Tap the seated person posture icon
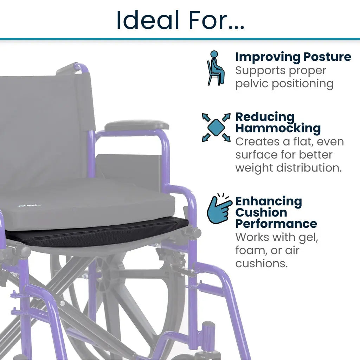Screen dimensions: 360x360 [216, 68]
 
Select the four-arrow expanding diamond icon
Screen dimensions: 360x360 [216, 127]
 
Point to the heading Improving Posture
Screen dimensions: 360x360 [293, 57]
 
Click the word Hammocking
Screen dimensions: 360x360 [278, 128]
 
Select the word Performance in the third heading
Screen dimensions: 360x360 [276, 224]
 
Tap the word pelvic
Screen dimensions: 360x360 [252, 84]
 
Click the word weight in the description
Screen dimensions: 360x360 [254, 168]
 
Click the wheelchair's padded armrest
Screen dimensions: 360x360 [137, 126]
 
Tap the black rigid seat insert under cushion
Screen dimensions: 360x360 [96, 232]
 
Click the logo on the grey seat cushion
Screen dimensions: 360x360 [29, 205]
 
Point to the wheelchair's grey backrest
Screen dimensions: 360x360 [45, 129]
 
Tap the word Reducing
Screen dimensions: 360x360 [265, 117]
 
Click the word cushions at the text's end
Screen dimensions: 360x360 [261, 263]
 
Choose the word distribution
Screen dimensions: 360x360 [309, 168]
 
